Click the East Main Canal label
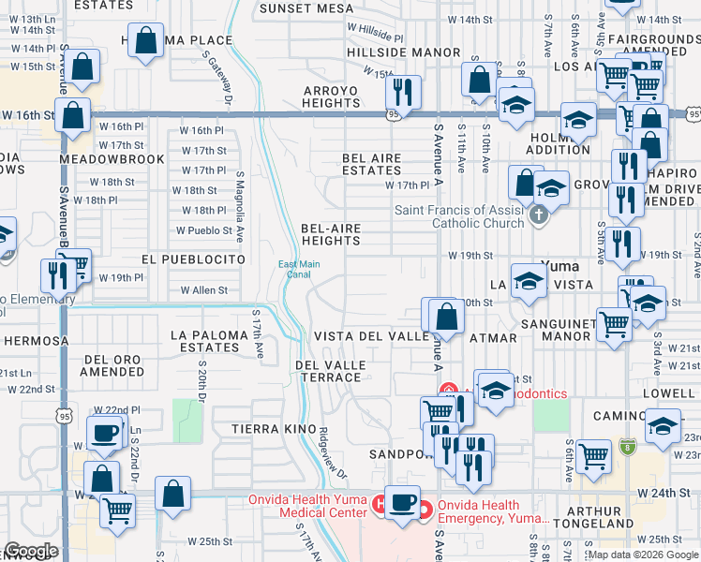pos(299,270)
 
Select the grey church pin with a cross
pos(537,216)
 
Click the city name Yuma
pos(560,266)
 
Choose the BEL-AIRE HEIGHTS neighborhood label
pos(331,234)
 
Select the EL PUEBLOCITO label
pos(193,259)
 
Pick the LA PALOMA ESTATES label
pos(205,341)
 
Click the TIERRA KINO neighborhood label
pos(263,428)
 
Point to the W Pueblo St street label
pos(204,230)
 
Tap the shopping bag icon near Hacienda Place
pos(145,41)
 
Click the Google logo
pos(31,552)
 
